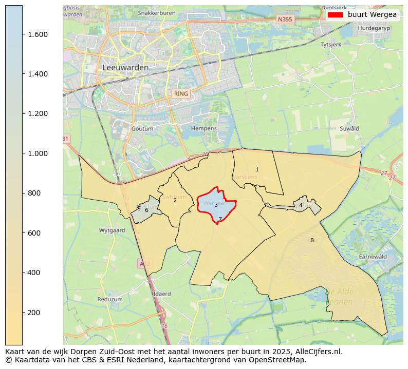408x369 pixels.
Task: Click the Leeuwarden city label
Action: point(125,67)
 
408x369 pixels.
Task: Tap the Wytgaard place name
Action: point(112,230)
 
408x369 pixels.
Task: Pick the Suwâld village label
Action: point(349,128)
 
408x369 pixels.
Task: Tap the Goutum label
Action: point(142,128)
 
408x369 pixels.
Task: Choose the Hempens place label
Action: point(203,128)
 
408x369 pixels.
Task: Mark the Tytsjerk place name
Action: point(330,45)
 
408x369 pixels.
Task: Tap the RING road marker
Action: point(181,94)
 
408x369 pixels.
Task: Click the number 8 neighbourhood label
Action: point(311,240)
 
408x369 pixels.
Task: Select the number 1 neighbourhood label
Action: point(257,169)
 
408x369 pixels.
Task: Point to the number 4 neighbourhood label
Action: point(301,205)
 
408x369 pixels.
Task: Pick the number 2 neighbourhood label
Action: point(175,200)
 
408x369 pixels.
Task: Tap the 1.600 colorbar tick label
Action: point(37,34)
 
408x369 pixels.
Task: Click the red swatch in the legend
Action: point(336,15)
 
